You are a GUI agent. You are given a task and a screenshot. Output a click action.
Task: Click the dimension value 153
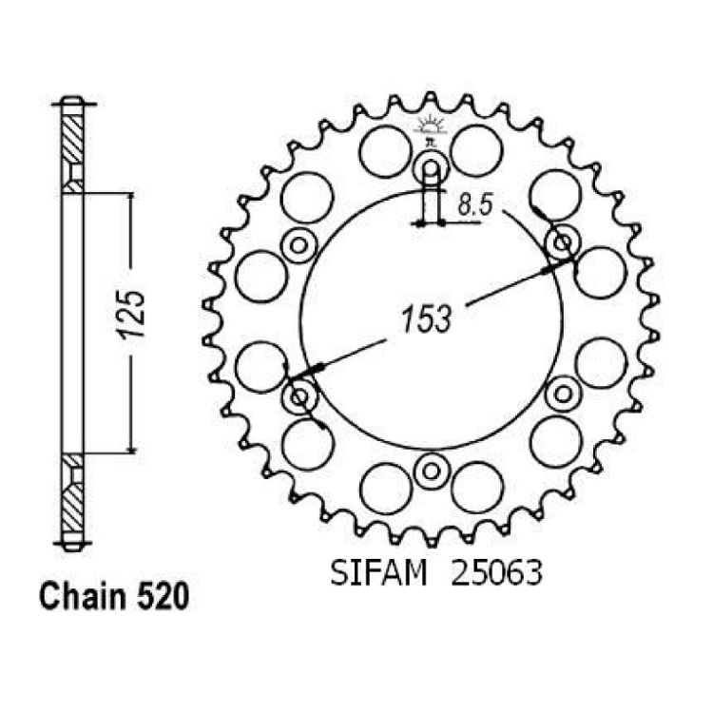pyautogui.click(x=426, y=318)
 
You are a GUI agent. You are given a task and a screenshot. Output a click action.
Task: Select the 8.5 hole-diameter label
pyautogui.click(x=474, y=205)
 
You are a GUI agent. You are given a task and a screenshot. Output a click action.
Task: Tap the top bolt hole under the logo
pyautogui.click(x=431, y=169)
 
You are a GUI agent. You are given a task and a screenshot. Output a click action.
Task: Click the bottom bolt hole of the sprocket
pyautogui.click(x=431, y=472)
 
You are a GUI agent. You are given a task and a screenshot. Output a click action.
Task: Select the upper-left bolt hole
pyautogui.click(x=299, y=246)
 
